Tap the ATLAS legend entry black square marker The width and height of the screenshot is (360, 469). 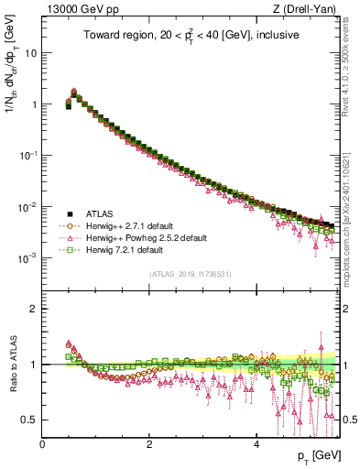69,213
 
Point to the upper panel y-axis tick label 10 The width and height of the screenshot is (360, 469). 30,53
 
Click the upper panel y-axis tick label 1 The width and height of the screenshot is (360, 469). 33,104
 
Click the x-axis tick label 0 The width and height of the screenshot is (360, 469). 42,443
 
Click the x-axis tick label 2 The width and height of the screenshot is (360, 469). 149,443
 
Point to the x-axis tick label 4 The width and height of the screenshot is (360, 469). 256,443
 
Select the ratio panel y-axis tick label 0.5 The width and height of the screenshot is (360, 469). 29,420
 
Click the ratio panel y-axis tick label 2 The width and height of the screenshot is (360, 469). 33,309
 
